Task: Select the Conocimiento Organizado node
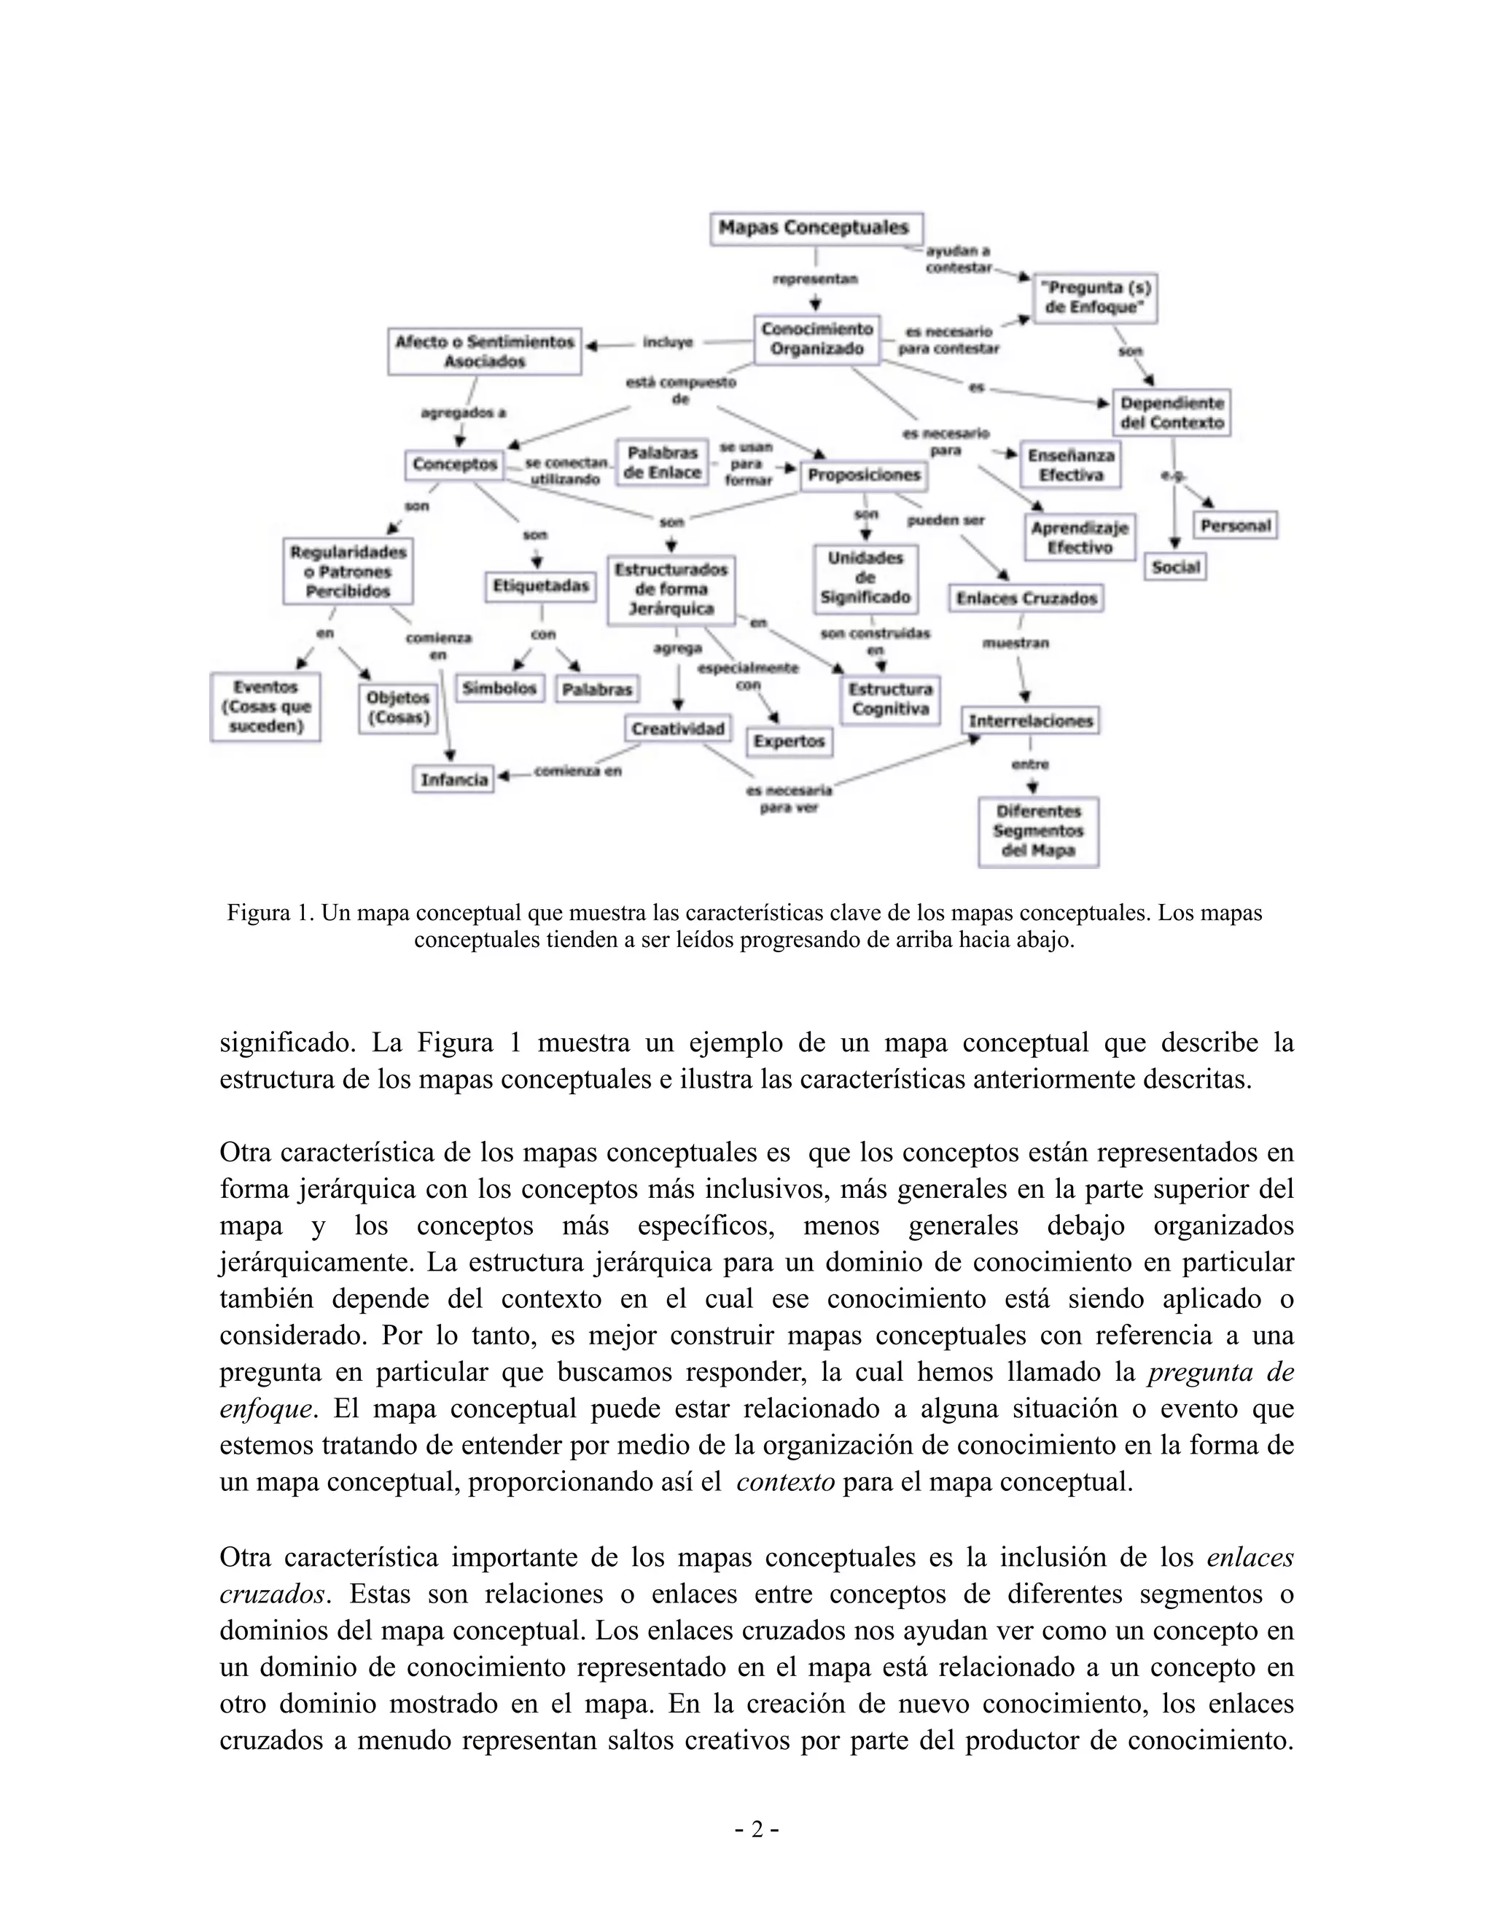(x=816, y=340)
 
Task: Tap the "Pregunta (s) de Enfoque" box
(x=1095, y=298)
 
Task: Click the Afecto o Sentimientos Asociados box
(x=484, y=351)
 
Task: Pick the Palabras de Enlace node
(x=662, y=463)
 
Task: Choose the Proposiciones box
(x=863, y=475)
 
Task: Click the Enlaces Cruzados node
(x=1025, y=598)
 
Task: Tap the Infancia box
(x=453, y=779)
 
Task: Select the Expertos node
(x=789, y=741)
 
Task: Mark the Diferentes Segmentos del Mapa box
(x=1037, y=832)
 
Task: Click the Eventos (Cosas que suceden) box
(x=265, y=706)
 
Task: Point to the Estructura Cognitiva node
(x=890, y=699)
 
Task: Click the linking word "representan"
(x=814, y=279)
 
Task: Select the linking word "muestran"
(x=1016, y=643)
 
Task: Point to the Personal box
(x=1235, y=526)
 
